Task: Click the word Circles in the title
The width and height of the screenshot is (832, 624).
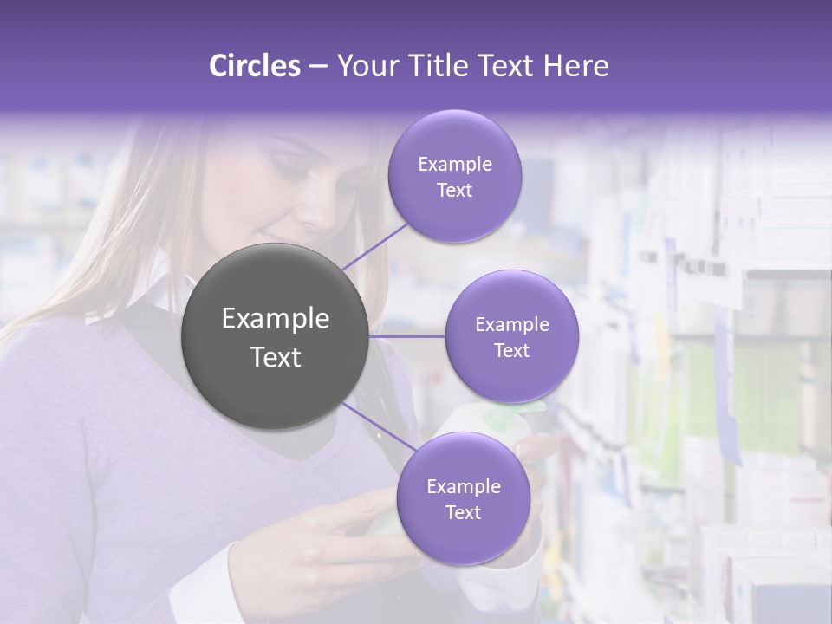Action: [255, 66]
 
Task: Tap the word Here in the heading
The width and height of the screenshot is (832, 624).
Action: [577, 66]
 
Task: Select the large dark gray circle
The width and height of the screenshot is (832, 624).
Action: [275, 337]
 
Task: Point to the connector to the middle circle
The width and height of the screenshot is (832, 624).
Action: [407, 336]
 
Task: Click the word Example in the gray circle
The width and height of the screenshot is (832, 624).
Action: [275, 319]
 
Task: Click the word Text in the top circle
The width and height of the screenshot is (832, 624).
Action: [455, 190]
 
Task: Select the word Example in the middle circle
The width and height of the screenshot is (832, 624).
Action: [512, 325]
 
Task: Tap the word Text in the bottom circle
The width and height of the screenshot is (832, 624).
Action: [464, 512]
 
